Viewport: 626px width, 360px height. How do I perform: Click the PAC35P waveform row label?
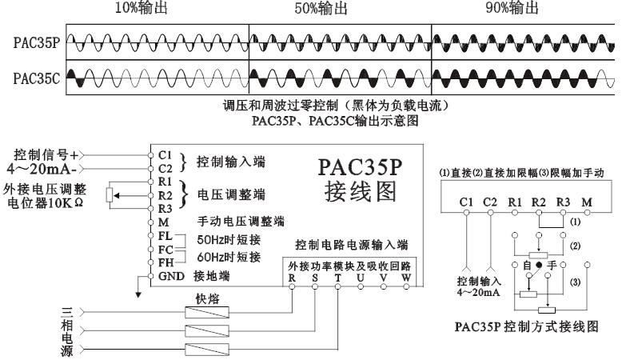point(34,42)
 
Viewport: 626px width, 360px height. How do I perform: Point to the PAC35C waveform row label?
point(34,79)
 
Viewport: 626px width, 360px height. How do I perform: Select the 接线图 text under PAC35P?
point(361,193)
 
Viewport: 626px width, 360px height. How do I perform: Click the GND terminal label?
point(169,277)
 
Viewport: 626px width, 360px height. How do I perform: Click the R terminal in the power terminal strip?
point(292,278)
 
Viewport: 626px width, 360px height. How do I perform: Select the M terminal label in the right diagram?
point(588,202)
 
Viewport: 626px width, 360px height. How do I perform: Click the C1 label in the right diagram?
point(467,202)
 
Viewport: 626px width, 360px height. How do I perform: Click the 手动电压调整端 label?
point(242,221)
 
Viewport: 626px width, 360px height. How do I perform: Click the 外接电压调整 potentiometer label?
point(50,189)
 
